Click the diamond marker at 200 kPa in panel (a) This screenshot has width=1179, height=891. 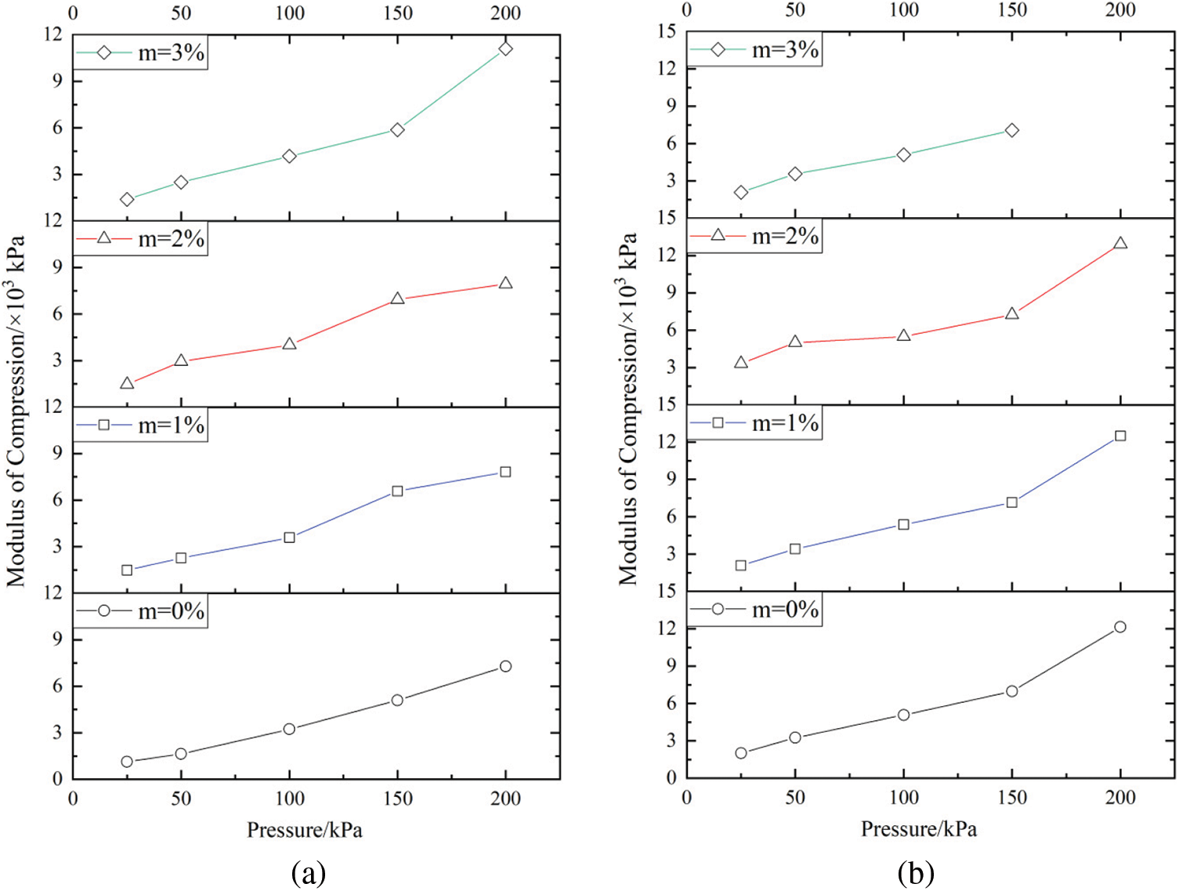pos(505,49)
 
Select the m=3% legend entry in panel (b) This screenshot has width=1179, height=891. pos(755,50)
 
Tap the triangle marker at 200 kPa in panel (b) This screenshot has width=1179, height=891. pos(1120,243)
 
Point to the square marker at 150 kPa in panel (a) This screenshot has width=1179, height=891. pos(397,491)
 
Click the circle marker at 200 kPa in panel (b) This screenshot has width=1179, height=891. pos(1120,627)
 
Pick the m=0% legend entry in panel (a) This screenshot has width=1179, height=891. pos(141,611)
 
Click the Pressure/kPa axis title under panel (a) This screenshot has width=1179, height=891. pos(305,830)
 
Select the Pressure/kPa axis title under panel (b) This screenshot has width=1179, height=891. pos(919,829)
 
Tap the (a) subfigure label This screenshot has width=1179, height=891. pos(308,872)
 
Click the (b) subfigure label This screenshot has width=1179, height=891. pos(916,872)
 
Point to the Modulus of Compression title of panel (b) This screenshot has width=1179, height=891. pos(628,407)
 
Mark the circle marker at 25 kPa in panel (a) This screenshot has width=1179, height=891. pos(127,762)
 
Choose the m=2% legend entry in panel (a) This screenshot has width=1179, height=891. pos(141,238)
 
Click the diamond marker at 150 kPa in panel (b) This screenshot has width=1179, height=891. pos(1012,130)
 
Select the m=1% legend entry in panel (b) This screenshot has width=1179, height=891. pos(755,423)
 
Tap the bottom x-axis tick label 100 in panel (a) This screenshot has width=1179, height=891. pos(290,799)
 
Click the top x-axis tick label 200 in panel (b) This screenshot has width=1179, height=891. pos(1120,10)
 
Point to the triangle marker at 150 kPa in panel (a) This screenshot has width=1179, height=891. pos(397,299)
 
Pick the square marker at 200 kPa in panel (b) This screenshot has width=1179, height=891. pos(1120,436)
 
